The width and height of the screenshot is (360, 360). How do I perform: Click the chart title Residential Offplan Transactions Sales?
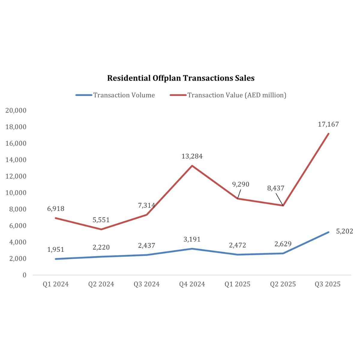point(181,78)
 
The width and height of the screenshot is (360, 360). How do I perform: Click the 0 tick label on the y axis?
point(24,275)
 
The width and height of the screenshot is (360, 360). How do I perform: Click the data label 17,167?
point(328,124)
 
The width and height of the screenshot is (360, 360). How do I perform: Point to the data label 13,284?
point(192,156)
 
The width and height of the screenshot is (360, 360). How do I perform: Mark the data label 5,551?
point(101,220)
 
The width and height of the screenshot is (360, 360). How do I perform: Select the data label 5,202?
point(344,231)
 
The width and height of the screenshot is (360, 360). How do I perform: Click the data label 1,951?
point(55,250)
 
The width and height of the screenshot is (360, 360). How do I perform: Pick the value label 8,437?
point(276,188)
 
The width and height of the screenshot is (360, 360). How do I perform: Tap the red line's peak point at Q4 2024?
point(192,166)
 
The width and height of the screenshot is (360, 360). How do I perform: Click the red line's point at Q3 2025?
point(328,133)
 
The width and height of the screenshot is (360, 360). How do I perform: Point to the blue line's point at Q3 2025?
point(328,232)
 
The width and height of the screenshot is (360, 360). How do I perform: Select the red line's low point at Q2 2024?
point(101,229)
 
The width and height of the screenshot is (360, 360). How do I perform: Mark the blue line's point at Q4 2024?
point(192,249)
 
